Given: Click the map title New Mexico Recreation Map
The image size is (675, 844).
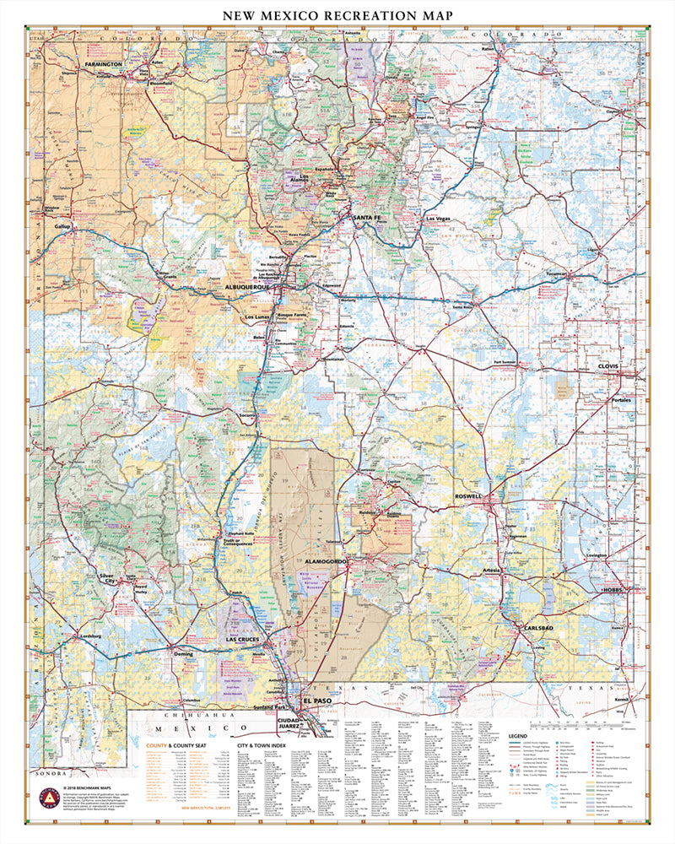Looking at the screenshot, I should click(x=337, y=15).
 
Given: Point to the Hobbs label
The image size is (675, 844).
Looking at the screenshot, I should click(x=612, y=589).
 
